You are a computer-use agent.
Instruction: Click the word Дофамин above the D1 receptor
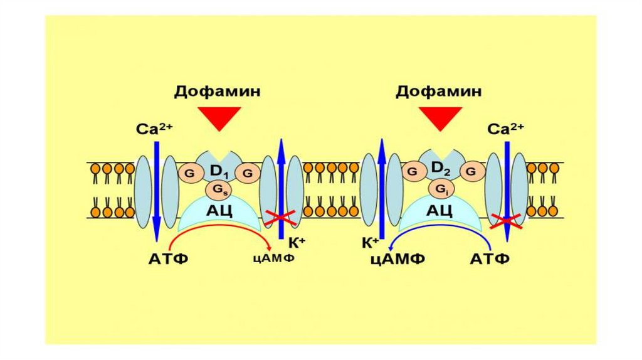tap(218, 92)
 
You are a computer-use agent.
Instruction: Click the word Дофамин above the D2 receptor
tap(439, 92)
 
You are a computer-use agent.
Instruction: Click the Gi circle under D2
tap(439, 188)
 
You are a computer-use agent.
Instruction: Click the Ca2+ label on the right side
tap(505, 129)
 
